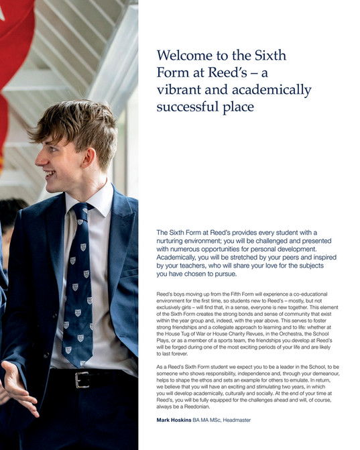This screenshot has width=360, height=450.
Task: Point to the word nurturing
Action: point(174,240)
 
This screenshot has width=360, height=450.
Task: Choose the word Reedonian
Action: point(197,407)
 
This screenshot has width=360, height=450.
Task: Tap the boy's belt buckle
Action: point(82,380)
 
